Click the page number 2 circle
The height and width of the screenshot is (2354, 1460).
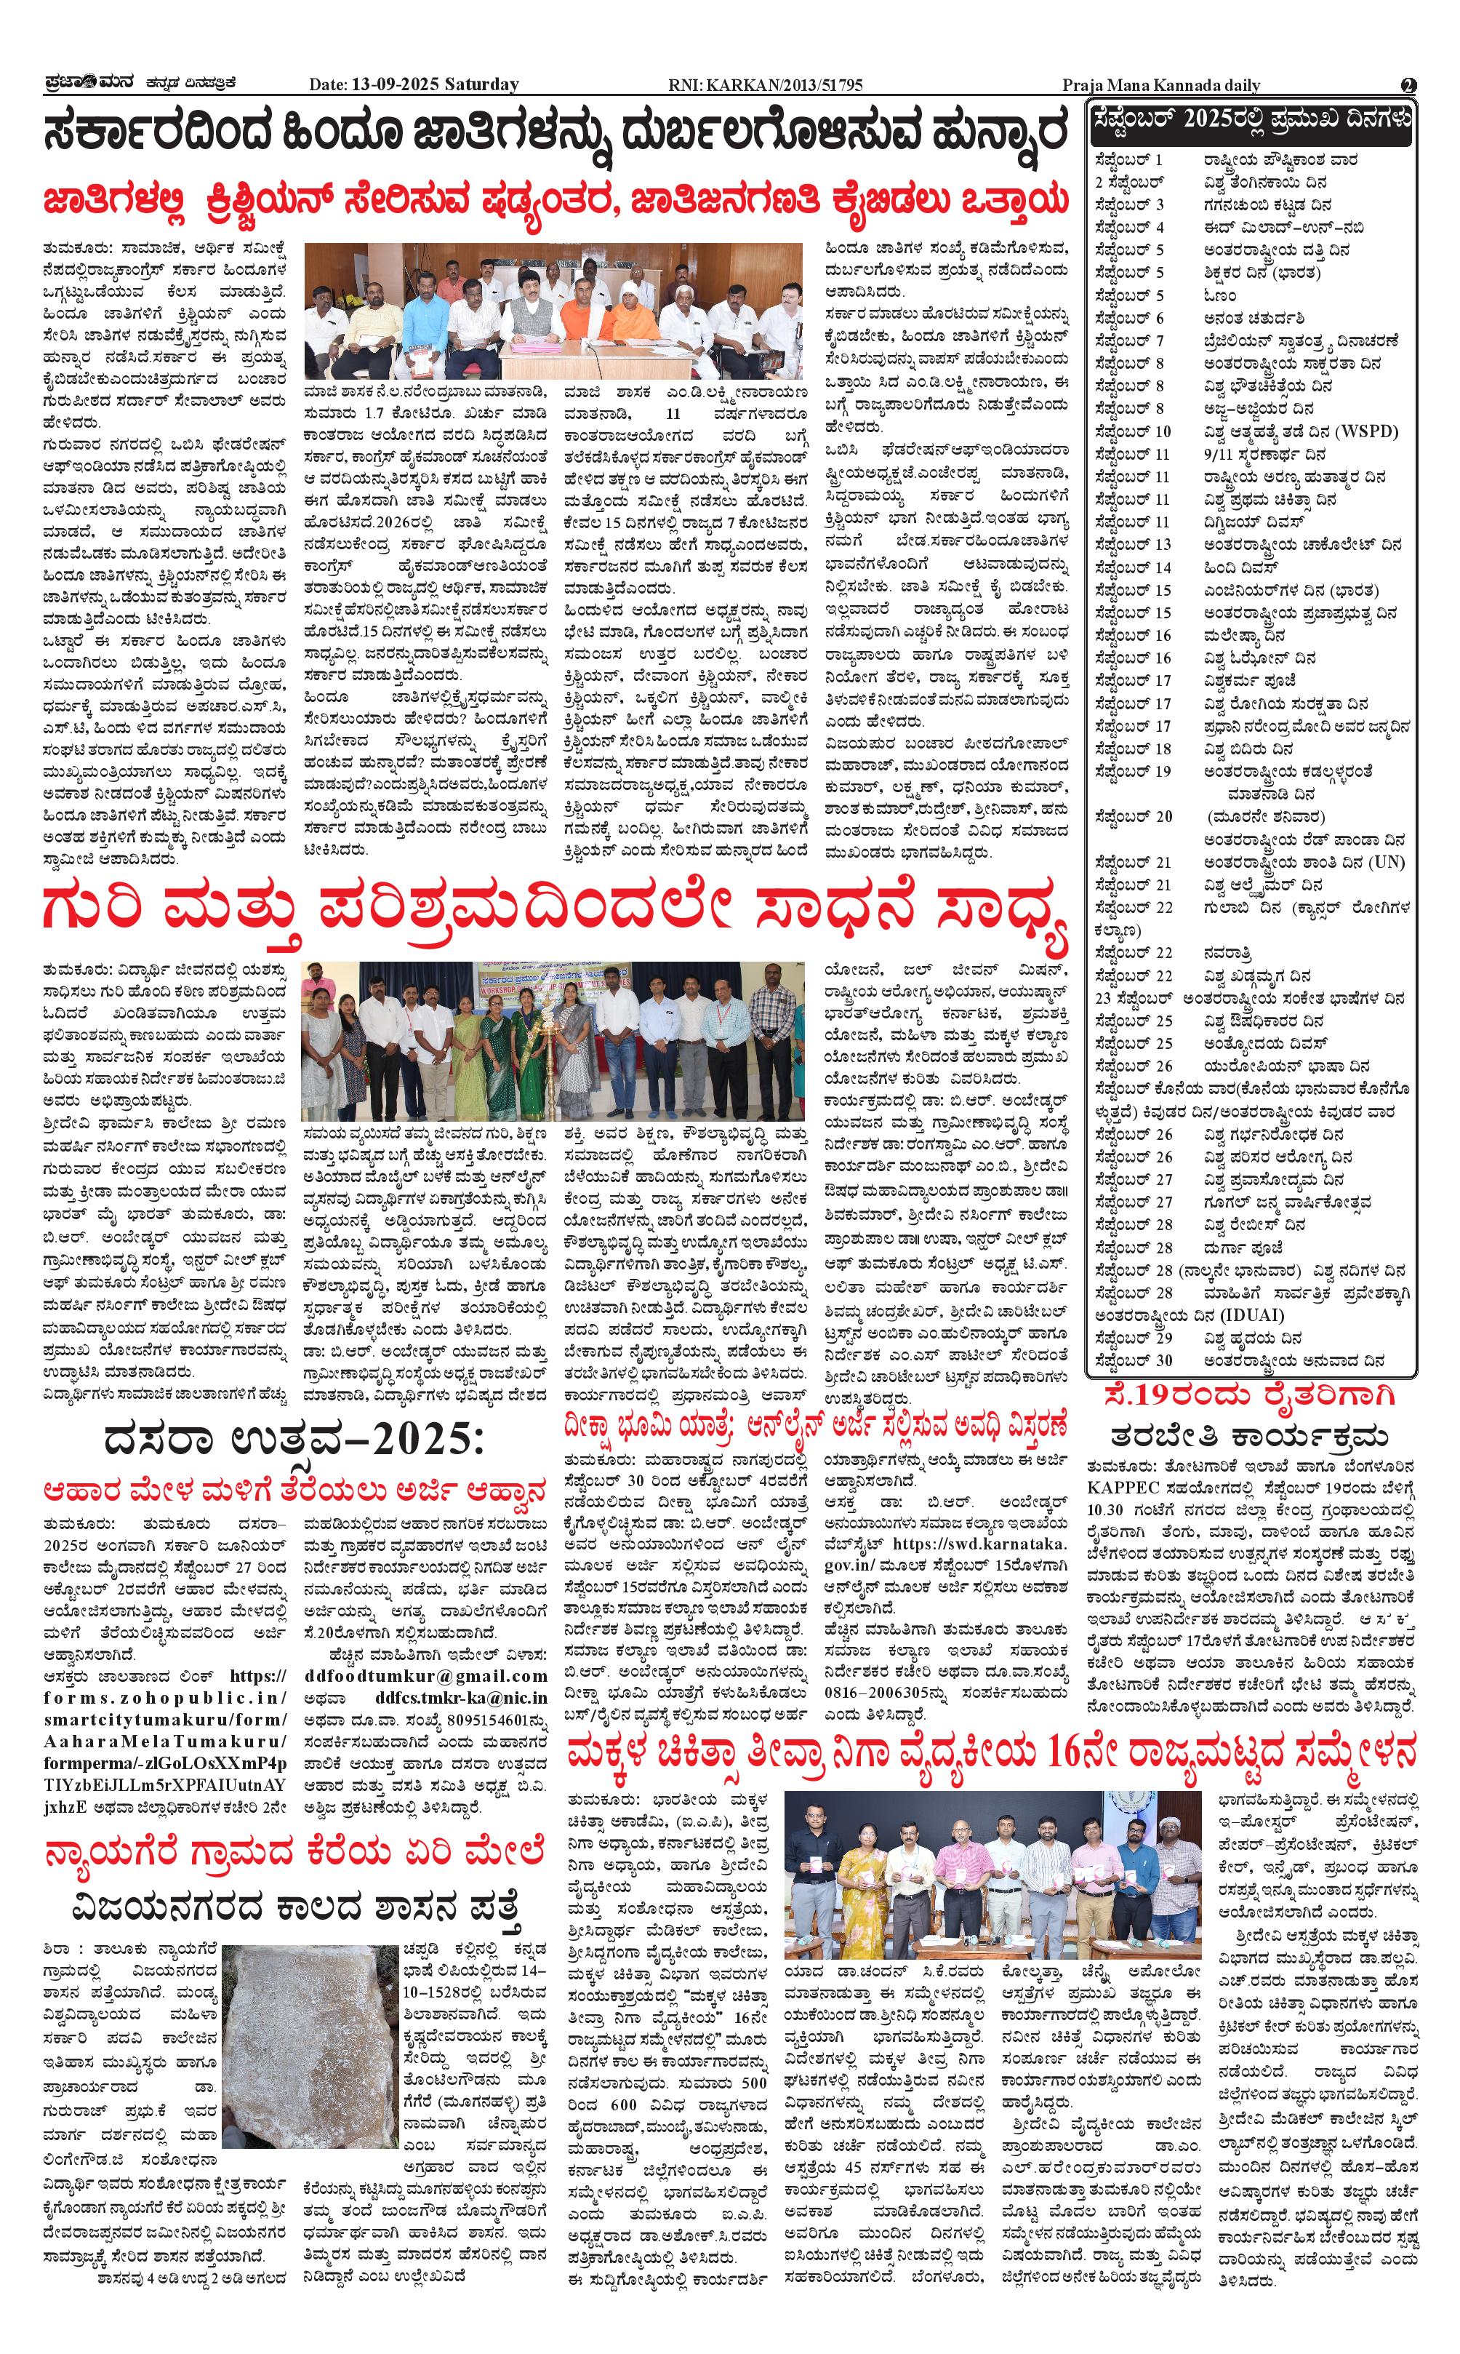point(1409,85)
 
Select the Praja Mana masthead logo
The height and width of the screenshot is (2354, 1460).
point(87,84)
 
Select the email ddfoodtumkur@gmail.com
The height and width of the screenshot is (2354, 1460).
point(425,1676)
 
